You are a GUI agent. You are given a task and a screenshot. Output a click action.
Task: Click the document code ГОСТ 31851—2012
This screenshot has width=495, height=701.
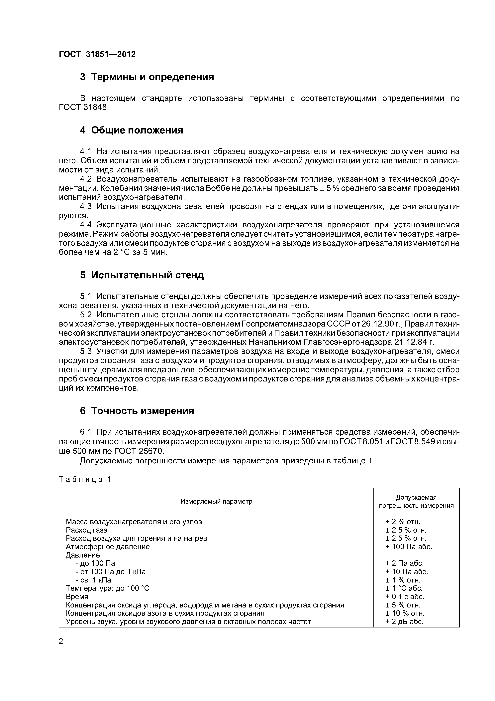click(97, 54)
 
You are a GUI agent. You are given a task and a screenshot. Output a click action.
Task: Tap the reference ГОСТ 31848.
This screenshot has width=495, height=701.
click(84, 108)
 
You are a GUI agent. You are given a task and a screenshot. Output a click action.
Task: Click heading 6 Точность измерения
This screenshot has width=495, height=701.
click(137, 411)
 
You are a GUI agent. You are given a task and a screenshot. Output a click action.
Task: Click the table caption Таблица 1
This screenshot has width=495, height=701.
click(84, 479)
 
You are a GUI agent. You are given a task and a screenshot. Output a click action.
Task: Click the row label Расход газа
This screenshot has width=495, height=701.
click(87, 530)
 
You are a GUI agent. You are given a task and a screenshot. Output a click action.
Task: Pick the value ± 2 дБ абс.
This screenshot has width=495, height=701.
click(404, 622)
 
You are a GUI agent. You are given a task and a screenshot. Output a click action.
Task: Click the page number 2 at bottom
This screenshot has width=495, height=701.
click(61, 641)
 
